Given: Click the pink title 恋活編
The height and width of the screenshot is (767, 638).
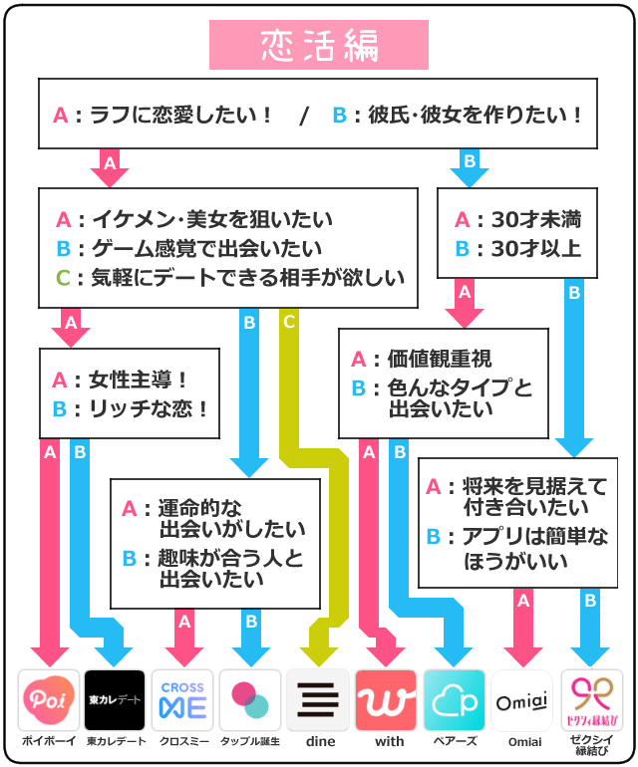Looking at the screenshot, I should [x=318, y=46].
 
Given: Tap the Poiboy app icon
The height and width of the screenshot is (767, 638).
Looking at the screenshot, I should [x=49, y=699].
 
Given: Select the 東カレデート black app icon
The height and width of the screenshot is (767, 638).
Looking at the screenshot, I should [x=116, y=699].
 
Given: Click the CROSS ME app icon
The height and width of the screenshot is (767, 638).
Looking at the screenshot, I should [x=182, y=699].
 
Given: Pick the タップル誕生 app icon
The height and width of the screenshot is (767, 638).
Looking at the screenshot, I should [x=250, y=699].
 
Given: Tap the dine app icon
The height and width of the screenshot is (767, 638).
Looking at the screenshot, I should [x=318, y=699].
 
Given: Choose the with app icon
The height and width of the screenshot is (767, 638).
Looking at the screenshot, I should [x=386, y=699].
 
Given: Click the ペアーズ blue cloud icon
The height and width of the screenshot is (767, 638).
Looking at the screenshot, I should [x=455, y=699].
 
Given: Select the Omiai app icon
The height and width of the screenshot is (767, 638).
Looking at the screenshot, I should [x=522, y=699].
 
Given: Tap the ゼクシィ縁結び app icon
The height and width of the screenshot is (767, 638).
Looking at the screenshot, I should [x=591, y=699].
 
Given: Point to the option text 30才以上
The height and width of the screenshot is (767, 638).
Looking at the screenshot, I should [x=532, y=248].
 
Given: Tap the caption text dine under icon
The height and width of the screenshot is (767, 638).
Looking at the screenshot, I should [x=318, y=742].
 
